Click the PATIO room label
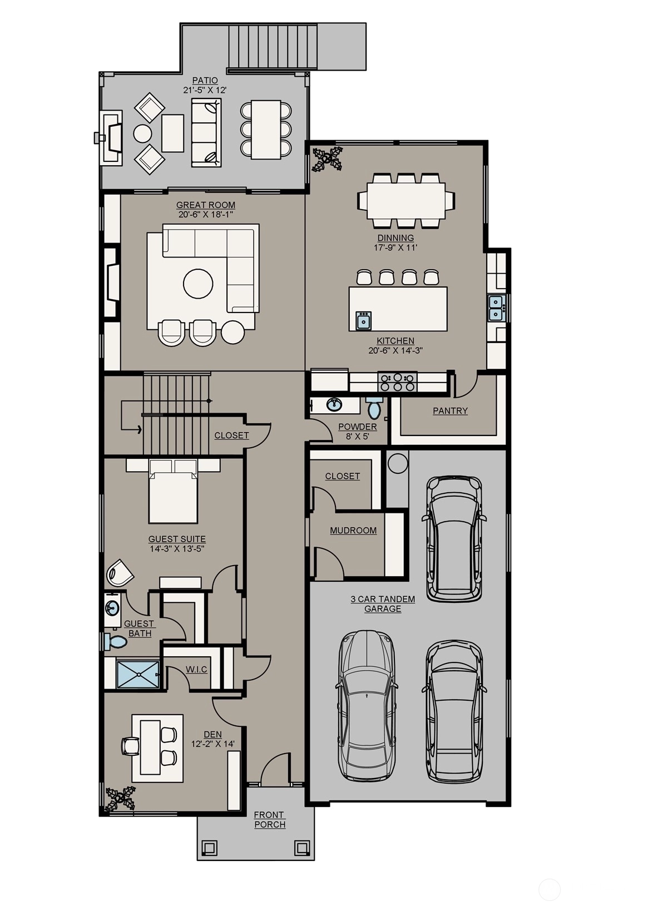tap(205, 81)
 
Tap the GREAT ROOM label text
tap(206, 205)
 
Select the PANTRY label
tap(450, 411)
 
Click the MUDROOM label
tap(353, 531)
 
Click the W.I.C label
tap(196, 670)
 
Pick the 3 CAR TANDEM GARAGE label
tap(383, 604)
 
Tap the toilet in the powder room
tap(373, 407)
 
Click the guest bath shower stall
tap(138, 674)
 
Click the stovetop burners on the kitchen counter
tap(397, 382)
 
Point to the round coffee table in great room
tap(198, 284)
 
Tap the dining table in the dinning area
tap(406, 201)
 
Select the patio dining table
tap(266, 129)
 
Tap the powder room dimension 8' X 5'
tap(357, 437)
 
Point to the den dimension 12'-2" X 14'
tap(212, 744)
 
